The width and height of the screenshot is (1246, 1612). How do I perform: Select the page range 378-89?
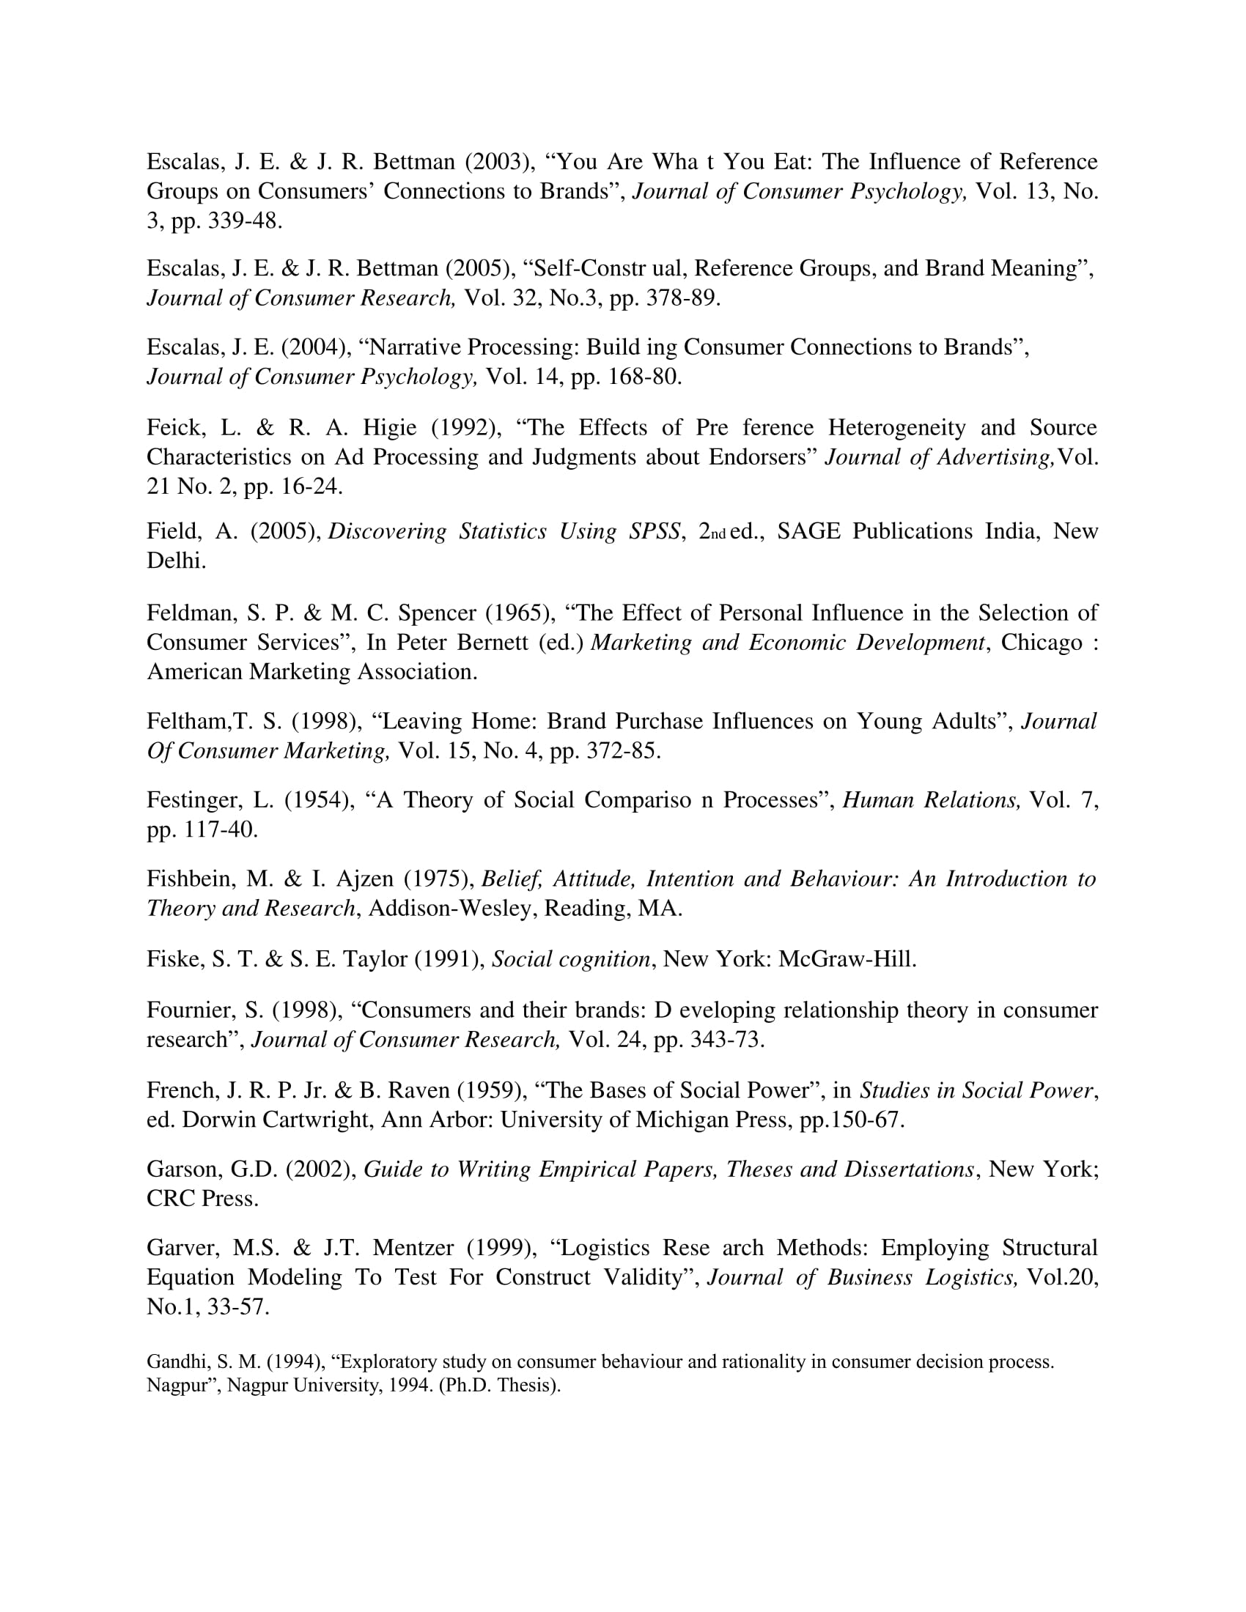(683, 297)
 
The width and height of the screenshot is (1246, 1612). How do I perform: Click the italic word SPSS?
(653, 531)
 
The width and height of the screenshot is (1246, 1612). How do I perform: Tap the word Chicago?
(1041, 642)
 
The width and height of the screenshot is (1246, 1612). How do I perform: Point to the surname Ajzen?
(365, 879)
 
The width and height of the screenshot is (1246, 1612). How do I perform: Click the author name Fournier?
(190, 1010)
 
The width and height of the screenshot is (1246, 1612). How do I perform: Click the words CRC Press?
(202, 1199)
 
